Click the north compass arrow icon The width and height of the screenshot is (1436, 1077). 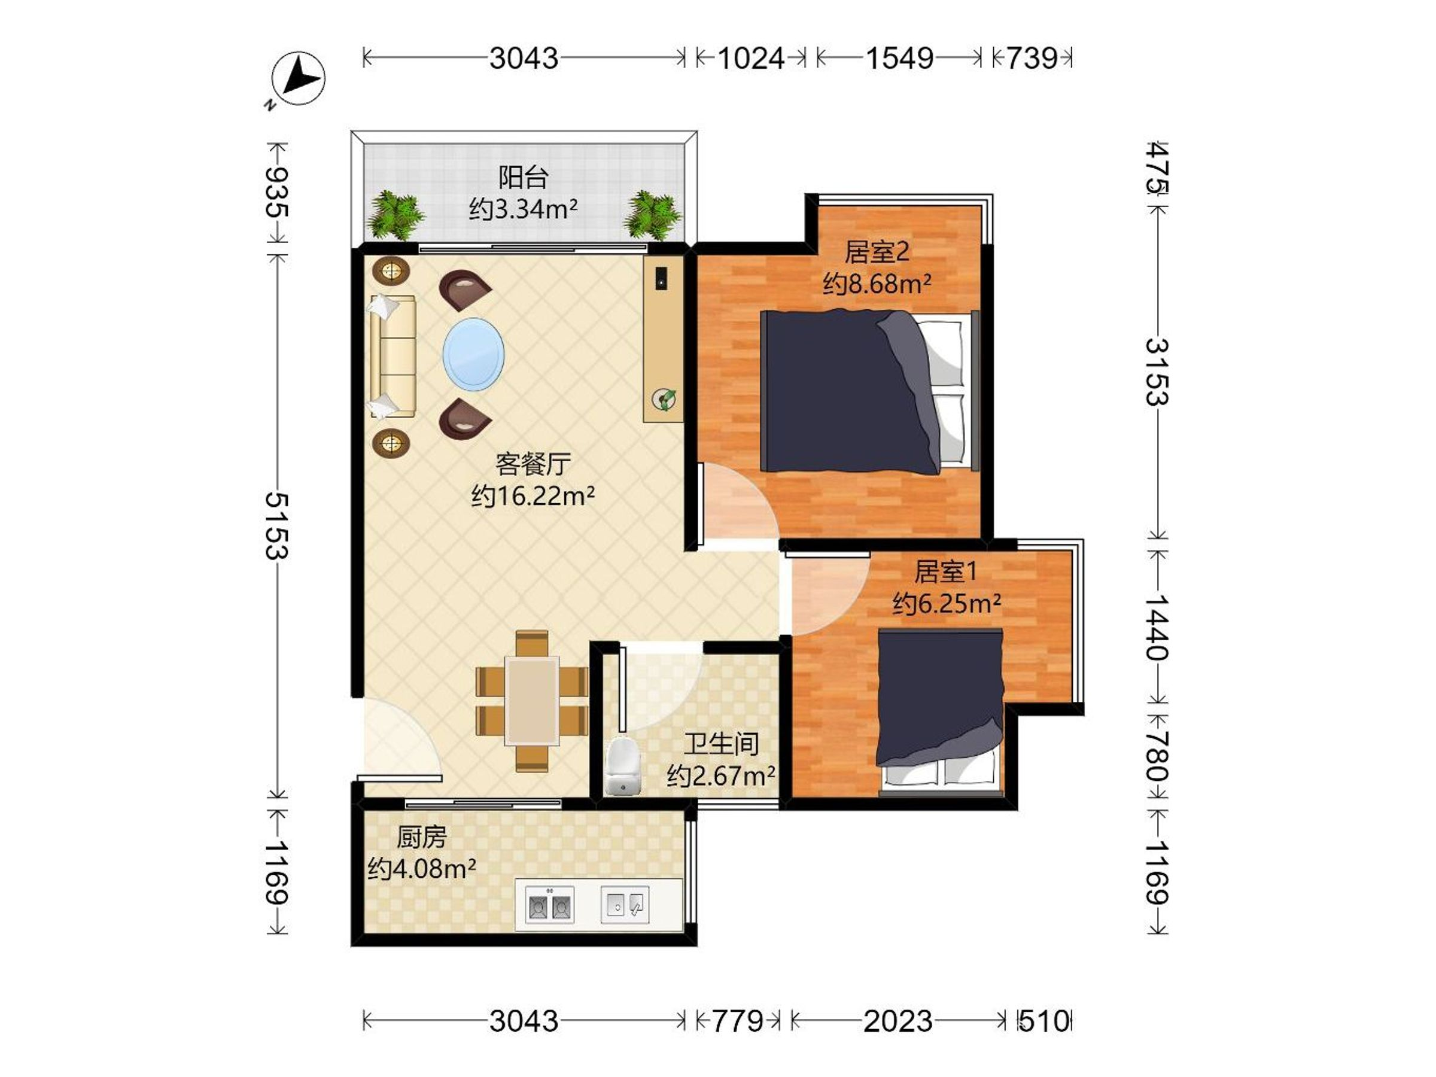(298, 78)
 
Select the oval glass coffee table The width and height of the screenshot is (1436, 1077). (473, 354)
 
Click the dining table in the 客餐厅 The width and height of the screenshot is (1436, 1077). (532, 700)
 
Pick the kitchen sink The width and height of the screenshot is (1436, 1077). (625, 903)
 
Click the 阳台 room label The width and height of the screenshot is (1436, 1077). (524, 177)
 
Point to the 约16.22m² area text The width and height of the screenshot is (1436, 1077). (533, 496)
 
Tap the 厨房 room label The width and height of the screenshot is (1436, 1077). (422, 838)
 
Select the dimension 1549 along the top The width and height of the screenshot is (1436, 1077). (900, 59)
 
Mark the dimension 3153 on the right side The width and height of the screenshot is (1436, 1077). (1157, 372)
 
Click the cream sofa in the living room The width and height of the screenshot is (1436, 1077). (392, 356)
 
